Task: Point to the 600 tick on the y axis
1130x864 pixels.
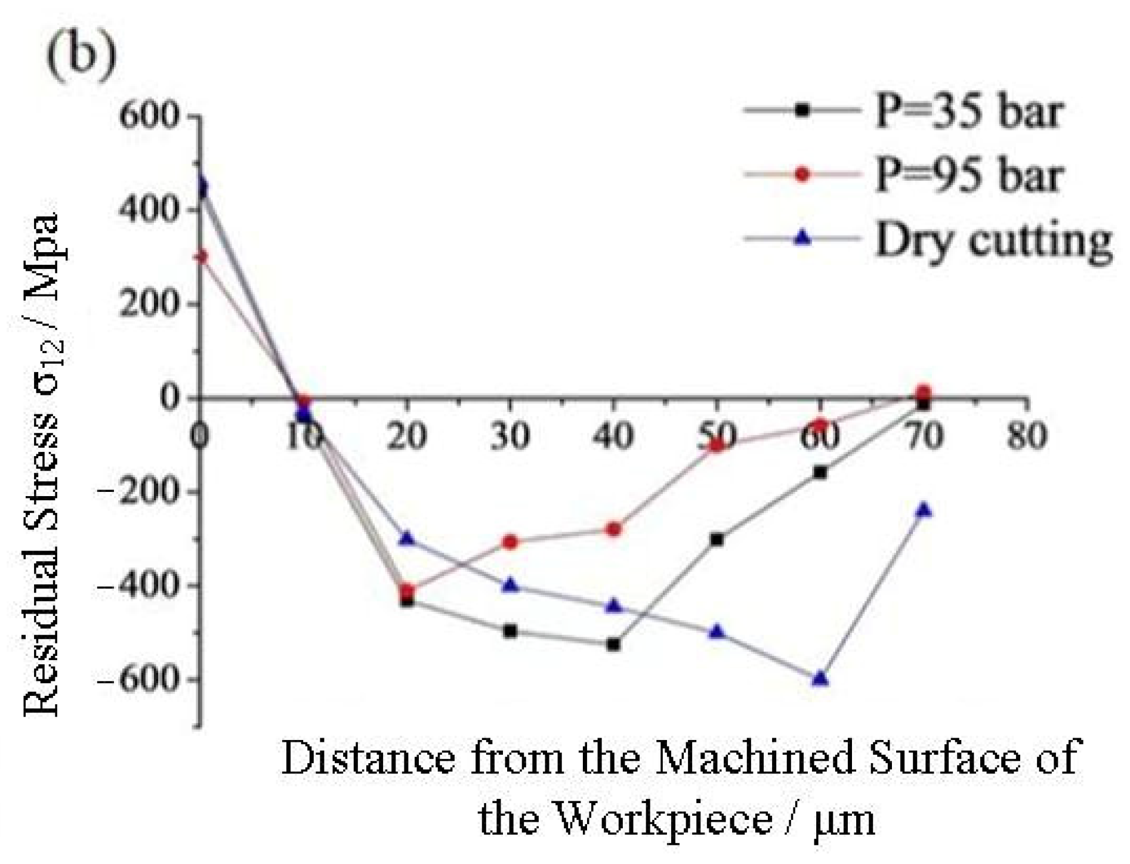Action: (x=149, y=115)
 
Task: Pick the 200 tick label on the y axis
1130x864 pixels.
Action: (x=149, y=304)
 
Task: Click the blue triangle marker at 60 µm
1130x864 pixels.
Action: (x=820, y=679)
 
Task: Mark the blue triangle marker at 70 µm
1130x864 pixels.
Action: (x=924, y=510)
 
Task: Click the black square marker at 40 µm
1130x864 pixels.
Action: (x=613, y=645)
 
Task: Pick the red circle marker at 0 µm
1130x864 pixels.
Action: (x=202, y=257)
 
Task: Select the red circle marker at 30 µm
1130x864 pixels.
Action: (x=510, y=542)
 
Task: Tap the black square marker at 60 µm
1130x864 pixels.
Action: (x=820, y=472)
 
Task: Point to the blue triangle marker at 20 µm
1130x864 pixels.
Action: (x=407, y=538)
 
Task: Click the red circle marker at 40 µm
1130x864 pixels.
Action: (x=613, y=529)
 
